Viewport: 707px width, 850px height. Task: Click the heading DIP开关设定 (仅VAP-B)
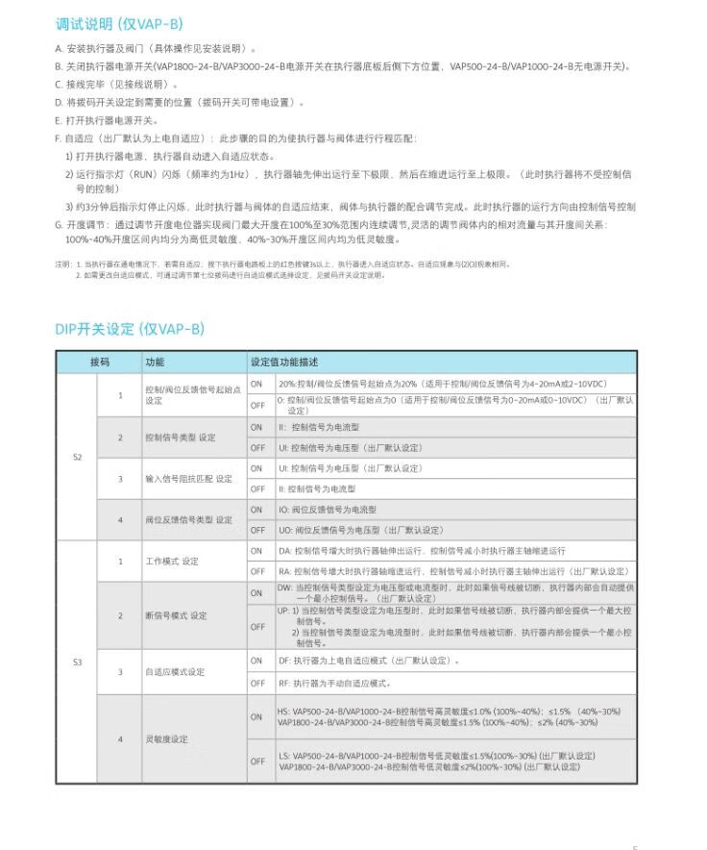(x=130, y=329)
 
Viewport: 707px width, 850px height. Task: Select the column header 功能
(x=155, y=362)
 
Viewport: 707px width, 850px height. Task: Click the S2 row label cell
(x=78, y=457)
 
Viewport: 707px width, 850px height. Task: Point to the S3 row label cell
(x=78, y=662)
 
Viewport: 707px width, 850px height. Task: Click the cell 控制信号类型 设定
(x=181, y=437)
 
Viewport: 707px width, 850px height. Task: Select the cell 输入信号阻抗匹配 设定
(x=188, y=478)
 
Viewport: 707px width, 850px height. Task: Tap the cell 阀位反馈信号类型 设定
(x=188, y=519)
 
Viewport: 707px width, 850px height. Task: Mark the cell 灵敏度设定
(x=166, y=738)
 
